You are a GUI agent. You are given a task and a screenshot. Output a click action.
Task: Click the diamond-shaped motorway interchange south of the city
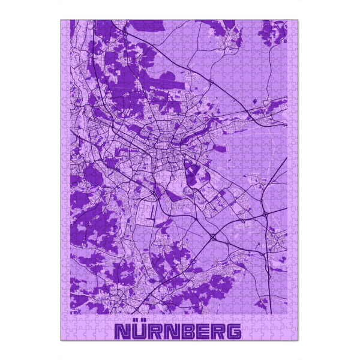coord(214,238)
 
